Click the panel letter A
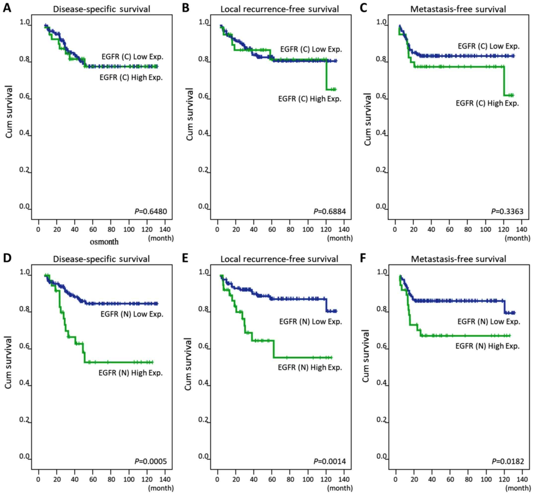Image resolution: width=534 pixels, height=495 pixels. point(7,8)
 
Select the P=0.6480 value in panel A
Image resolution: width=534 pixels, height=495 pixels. point(151,211)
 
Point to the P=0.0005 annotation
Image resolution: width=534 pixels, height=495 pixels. point(151,461)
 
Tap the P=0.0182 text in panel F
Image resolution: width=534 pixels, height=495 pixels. point(508,461)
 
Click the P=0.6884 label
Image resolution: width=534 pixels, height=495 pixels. point(330,211)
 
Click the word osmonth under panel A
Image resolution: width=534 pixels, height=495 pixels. point(104,242)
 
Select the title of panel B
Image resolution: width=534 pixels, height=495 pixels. point(279,9)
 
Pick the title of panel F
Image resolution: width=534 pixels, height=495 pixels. point(458,259)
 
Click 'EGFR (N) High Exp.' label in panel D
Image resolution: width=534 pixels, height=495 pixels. point(131,373)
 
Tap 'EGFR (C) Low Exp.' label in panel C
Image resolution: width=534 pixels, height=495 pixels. point(489,46)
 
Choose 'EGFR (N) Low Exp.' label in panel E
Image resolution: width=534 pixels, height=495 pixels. point(310,321)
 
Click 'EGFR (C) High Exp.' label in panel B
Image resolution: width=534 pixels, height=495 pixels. point(309,99)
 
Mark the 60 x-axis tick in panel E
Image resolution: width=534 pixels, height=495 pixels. point(272,479)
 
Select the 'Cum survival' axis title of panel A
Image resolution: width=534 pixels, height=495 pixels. point(9,112)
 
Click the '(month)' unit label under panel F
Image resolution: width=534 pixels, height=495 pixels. point(517,488)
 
